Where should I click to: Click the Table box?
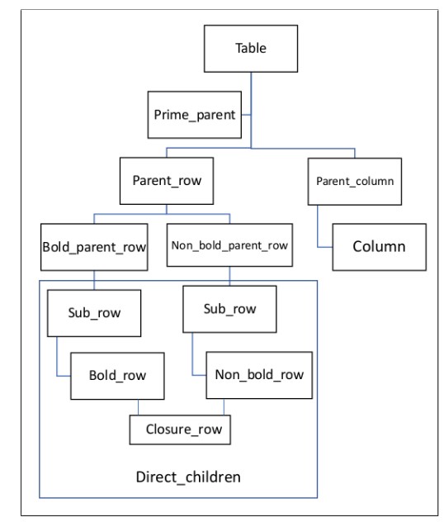point(252,49)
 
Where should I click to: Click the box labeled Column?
point(380,246)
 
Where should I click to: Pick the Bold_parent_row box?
point(94,245)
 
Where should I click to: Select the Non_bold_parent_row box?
point(229,245)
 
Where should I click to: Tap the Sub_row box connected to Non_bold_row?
point(229,309)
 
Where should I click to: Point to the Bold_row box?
point(117,375)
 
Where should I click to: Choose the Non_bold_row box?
point(258,374)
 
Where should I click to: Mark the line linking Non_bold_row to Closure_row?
point(224,406)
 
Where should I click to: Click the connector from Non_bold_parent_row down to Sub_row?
point(229,276)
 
